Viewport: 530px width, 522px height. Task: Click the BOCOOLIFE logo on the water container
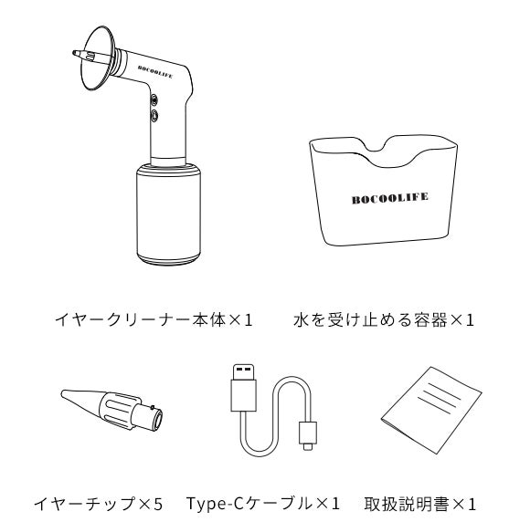(x=389, y=198)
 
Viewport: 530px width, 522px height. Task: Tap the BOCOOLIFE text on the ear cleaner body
(x=155, y=72)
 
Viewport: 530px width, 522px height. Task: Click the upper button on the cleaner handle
(x=154, y=99)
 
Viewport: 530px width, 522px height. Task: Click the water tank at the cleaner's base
(x=168, y=214)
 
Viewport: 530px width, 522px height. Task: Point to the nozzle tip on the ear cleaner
(x=75, y=53)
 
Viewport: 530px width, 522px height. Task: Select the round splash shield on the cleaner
(x=98, y=58)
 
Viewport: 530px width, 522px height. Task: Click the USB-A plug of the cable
(x=243, y=388)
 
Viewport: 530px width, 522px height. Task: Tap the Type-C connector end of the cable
(x=308, y=435)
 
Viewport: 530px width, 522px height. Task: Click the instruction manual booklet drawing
(x=431, y=411)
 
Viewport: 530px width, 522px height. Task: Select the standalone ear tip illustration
(x=111, y=409)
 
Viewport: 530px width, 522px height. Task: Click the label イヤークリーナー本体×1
(x=154, y=319)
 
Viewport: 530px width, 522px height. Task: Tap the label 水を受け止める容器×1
(x=384, y=319)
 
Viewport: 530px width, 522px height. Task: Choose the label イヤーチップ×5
(x=99, y=504)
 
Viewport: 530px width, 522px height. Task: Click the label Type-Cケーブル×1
(x=262, y=504)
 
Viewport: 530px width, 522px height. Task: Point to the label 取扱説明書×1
(x=419, y=504)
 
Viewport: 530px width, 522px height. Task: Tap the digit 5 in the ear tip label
(x=158, y=504)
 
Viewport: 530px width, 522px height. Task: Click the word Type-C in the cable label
(x=216, y=504)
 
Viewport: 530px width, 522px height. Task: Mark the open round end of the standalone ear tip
(x=157, y=420)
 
